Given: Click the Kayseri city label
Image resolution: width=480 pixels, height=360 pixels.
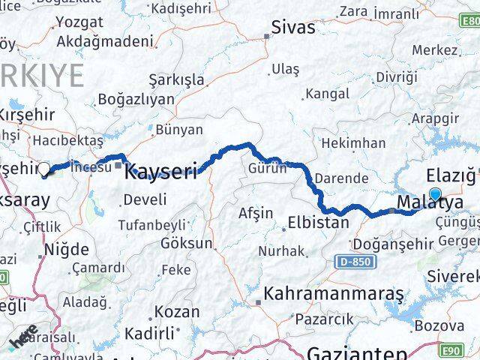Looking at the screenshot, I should coord(160,170).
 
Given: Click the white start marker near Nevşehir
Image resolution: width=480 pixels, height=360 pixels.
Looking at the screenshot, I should coord(43,169).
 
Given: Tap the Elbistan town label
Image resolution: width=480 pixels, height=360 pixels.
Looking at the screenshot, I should coord(319,223).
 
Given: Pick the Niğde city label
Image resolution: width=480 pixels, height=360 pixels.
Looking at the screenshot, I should coord(66,249).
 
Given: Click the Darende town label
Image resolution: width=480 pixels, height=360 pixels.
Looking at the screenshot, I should coord(341,178).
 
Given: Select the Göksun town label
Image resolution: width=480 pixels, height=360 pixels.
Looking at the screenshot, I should coord(186,242).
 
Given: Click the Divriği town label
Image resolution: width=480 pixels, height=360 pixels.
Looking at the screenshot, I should coord(397,77).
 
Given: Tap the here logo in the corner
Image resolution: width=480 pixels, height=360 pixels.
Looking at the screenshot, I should coord(24,337).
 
